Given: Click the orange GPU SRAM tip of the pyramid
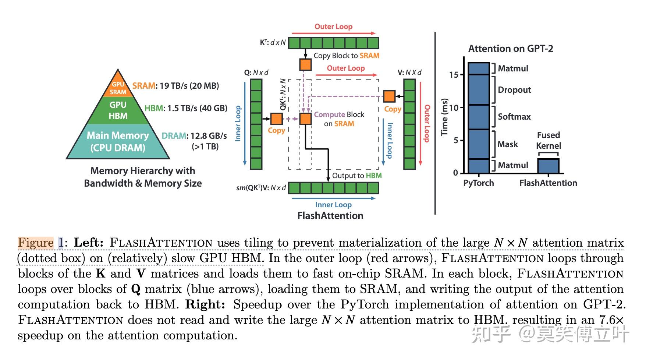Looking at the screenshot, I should point(118,88).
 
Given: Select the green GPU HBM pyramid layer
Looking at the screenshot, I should point(118,110).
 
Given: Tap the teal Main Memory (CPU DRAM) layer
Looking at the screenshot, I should point(118,142).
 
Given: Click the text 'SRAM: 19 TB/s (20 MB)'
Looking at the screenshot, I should point(175,86).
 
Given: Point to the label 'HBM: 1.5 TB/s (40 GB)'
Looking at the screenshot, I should point(186,108).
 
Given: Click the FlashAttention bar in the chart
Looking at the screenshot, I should point(548,166).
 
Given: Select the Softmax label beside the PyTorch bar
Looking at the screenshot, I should point(514,117).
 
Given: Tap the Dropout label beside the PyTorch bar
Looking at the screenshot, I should point(514,90).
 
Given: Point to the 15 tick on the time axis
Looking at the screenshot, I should point(454,75).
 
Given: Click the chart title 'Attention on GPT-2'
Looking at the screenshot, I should point(511,49).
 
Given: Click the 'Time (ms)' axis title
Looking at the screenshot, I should point(445,117).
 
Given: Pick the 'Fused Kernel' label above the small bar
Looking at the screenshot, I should point(548,140).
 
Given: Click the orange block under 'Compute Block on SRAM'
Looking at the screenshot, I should point(305,119).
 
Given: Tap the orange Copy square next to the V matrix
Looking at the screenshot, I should point(389,96).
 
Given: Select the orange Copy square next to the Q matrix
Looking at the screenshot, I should point(277,119).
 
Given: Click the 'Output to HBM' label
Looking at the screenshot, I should point(356,176).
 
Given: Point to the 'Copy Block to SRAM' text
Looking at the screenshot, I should point(346,56).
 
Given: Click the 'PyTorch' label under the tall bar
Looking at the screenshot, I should point(478,183).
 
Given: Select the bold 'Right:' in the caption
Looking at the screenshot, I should point(205,304).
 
